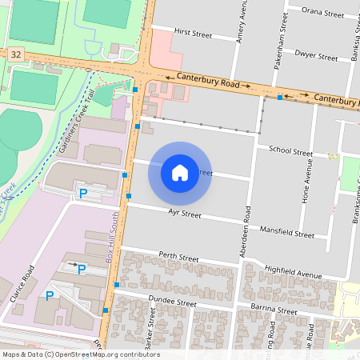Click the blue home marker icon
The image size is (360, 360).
[180, 172]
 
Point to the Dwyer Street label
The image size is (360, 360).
[317, 57]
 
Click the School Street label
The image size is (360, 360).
[290, 150]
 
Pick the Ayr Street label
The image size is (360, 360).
[184, 214]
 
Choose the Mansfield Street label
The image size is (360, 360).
[287, 233]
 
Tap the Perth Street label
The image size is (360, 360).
[178, 258]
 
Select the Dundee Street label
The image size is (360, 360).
[172, 303]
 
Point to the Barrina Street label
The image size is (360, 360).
[272, 310]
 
